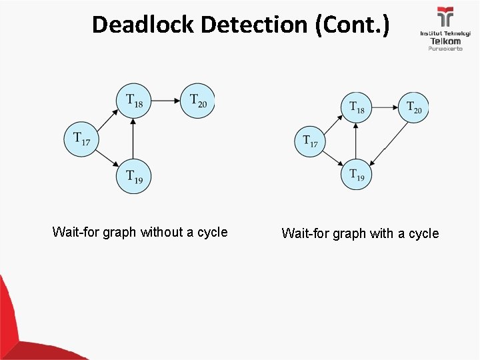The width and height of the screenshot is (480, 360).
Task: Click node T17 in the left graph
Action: pyautogui.click(x=81, y=139)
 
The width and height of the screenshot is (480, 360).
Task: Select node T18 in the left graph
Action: pyautogui.click(x=134, y=101)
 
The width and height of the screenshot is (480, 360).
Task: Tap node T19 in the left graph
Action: pyautogui.click(x=134, y=177)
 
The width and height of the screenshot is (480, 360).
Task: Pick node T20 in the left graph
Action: pyautogui.click(x=197, y=101)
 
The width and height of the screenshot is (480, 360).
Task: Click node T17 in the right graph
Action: pyautogui.click(x=310, y=141)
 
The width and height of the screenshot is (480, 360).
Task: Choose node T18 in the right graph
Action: pyautogui.click(x=357, y=107)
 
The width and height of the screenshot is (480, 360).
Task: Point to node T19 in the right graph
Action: pyautogui.click(x=357, y=175)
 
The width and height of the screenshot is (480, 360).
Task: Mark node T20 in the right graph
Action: pyautogui.click(x=414, y=107)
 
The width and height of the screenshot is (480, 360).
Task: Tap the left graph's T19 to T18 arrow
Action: pyautogui.click(x=134, y=139)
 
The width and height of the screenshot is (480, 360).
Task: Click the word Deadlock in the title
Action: pyautogui.click(x=143, y=25)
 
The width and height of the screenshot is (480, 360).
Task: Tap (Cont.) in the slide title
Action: pyautogui.click(x=351, y=25)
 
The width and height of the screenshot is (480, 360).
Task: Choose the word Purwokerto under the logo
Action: pyautogui.click(x=445, y=49)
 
